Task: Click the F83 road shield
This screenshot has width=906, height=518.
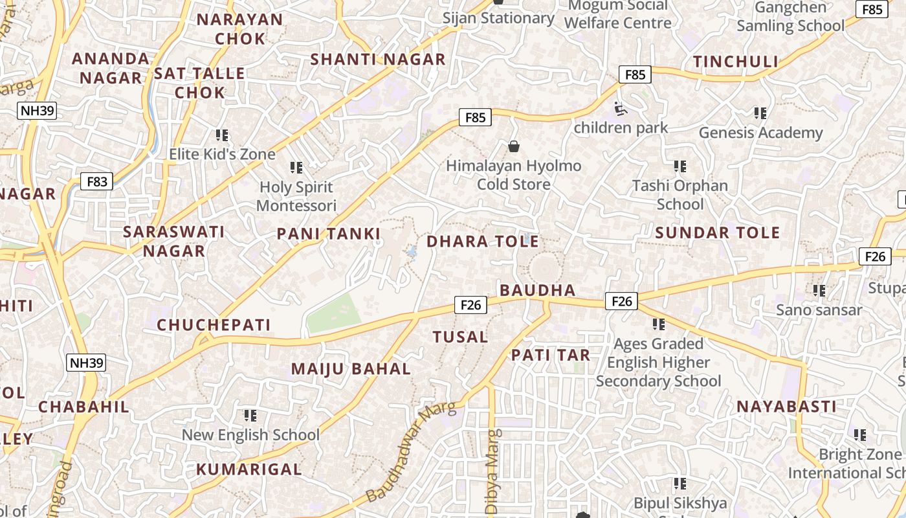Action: pyautogui.click(x=97, y=181)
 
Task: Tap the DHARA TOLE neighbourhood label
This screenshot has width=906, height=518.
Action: pyautogui.click(x=482, y=242)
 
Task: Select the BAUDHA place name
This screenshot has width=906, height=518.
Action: pyautogui.click(x=537, y=289)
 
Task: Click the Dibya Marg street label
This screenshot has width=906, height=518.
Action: pyautogui.click(x=492, y=462)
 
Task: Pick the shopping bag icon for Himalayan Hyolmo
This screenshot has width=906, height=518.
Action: pyautogui.click(x=514, y=146)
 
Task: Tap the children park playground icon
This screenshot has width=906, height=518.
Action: pyautogui.click(x=621, y=109)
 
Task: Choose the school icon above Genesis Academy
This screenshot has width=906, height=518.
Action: pyautogui.click(x=760, y=113)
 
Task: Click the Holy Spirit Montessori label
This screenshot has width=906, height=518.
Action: pyautogui.click(x=296, y=196)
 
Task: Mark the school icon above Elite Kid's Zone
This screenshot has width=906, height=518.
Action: pyautogui.click(x=222, y=135)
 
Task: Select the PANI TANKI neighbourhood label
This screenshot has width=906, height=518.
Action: pyautogui.click(x=329, y=234)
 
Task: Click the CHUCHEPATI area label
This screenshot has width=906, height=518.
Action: pyautogui.click(x=214, y=324)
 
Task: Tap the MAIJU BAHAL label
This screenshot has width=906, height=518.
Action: pyautogui.click(x=351, y=369)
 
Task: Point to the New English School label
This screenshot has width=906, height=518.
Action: pyautogui.click(x=250, y=434)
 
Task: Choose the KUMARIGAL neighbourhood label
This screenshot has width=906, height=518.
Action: pyautogui.click(x=249, y=469)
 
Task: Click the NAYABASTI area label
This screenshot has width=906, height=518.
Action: pyautogui.click(x=786, y=407)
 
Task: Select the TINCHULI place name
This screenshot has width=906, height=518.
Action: pyautogui.click(x=736, y=62)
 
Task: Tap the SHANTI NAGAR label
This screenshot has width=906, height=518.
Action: pyautogui.click(x=378, y=60)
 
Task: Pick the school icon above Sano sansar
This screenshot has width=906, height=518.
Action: pyautogui.click(x=819, y=291)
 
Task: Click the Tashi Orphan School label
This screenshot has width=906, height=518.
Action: pyautogui.click(x=680, y=194)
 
